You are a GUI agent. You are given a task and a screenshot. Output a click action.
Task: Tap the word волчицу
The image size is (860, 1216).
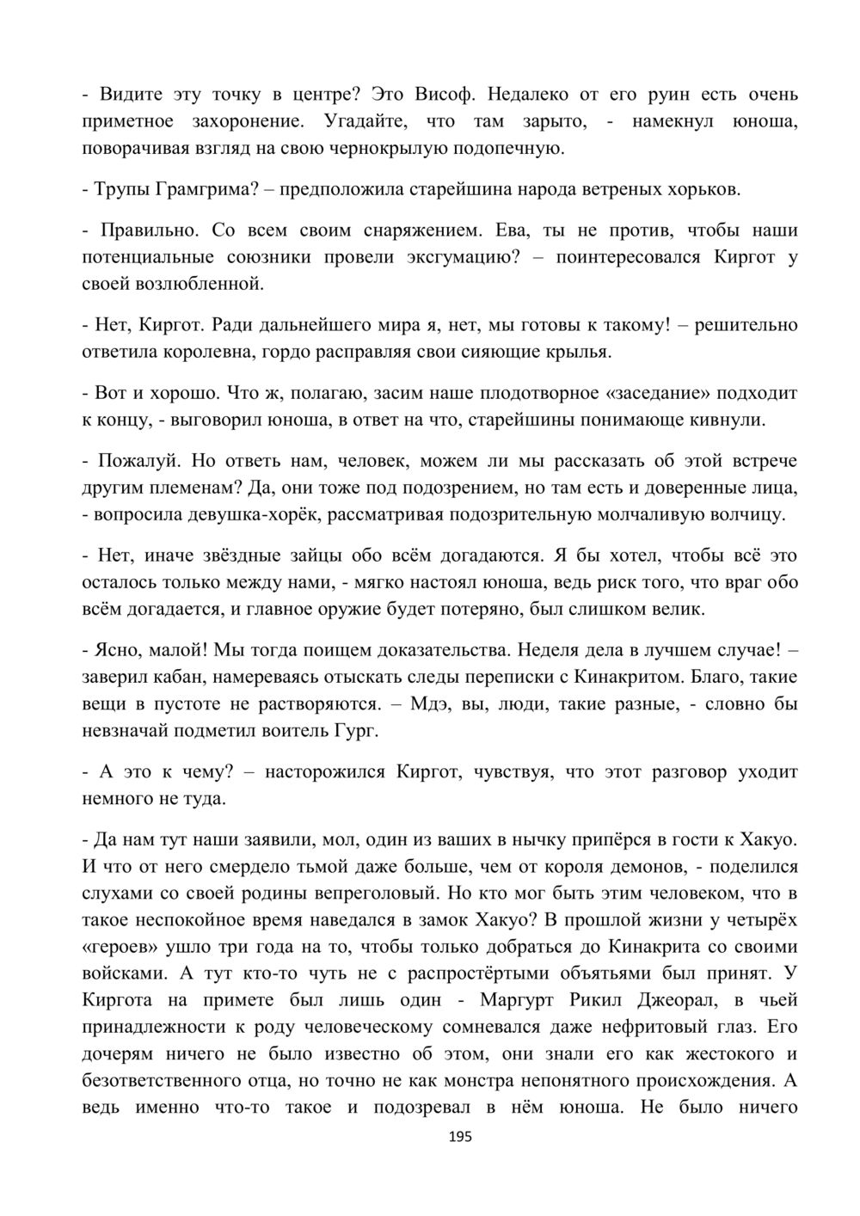(748, 515)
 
